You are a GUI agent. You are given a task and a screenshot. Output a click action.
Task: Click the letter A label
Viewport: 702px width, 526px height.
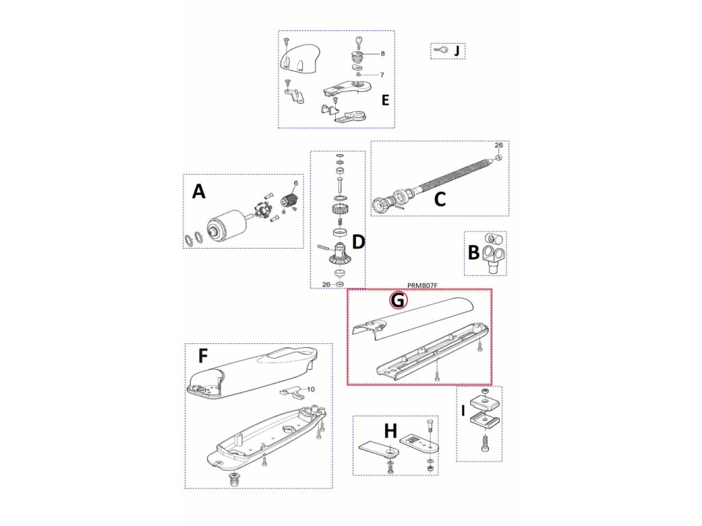pos(199,192)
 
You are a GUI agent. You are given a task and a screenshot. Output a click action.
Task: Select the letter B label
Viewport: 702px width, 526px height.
pos(474,252)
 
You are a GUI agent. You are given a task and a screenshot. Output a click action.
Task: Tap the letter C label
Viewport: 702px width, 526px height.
pos(440,199)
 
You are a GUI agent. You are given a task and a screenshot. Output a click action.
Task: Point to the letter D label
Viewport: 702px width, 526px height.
pos(359,242)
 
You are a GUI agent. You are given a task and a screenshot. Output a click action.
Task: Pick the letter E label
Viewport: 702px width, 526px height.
pos(385,100)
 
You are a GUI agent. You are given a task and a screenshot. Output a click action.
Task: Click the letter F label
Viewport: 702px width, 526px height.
pos(203,356)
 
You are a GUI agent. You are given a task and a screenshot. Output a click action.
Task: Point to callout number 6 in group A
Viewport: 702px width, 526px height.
pos(295,183)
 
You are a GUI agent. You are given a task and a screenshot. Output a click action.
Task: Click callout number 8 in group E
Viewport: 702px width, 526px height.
pos(382,53)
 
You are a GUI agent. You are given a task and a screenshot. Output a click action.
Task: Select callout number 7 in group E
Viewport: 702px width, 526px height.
pos(382,75)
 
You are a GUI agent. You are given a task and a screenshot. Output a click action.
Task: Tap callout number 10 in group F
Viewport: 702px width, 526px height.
pos(311,389)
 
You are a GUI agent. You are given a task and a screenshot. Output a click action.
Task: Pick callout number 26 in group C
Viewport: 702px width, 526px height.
pos(498,145)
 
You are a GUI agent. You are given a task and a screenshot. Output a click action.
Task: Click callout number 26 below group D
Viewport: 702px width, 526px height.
pos(327,284)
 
